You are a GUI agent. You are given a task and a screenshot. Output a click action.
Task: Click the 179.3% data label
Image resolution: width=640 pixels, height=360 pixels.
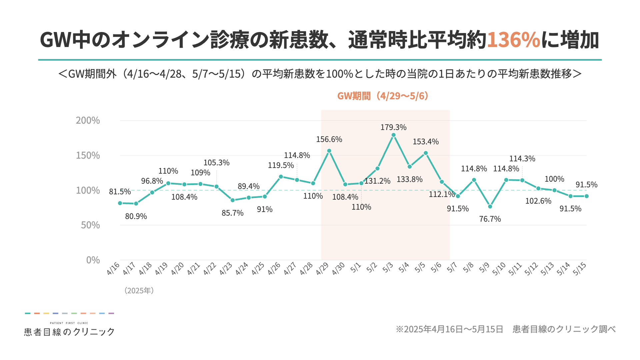[393, 127]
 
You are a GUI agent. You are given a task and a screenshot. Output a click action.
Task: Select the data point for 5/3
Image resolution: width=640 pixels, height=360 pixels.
[393, 135]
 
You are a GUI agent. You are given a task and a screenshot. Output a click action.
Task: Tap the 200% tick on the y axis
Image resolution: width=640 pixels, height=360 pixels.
[88, 120]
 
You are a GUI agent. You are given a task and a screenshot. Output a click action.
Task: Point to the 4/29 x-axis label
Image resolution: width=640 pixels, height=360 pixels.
[322, 269]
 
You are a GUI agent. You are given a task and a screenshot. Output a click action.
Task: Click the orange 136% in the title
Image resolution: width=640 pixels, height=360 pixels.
[513, 40]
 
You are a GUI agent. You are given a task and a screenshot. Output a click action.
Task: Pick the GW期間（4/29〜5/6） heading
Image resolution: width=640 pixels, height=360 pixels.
[383, 96]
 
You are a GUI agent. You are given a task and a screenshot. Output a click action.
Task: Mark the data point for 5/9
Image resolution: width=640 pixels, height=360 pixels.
[490, 207]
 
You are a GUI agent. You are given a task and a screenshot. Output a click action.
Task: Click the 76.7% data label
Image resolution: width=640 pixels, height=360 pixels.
[490, 219]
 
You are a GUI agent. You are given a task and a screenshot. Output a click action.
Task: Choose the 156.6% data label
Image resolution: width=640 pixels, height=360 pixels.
[329, 139]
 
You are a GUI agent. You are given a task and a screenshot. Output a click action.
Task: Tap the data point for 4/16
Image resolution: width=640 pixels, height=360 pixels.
[120, 203]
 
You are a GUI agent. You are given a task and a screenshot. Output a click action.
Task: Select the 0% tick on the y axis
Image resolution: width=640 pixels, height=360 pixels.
[93, 260]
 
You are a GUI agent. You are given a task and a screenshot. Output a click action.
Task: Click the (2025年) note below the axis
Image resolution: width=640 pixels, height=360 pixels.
[139, 290]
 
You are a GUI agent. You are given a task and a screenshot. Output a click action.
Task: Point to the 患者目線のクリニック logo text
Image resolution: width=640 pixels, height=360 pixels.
[69, 332]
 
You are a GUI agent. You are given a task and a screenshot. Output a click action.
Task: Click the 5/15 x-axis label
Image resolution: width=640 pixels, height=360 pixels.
[580, 269]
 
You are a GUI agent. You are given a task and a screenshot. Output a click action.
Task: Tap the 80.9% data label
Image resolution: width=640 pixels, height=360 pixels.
[136, 216]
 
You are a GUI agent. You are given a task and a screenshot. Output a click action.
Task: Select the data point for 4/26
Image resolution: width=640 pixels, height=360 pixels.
[281, 177]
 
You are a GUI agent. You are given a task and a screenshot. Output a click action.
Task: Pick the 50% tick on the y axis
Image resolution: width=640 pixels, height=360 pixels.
[90, 225]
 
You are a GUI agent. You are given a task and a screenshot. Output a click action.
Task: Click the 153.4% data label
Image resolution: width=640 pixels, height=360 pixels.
[426, 142]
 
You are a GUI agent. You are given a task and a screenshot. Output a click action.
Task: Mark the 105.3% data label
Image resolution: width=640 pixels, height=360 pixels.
[216, 163]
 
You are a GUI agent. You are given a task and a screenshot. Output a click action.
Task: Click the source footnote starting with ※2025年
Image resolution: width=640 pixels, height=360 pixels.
[505, 329]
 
